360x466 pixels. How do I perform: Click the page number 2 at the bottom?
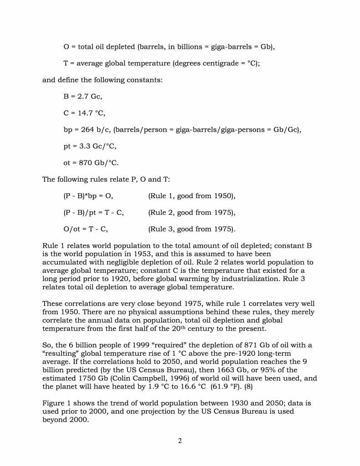(180, 440)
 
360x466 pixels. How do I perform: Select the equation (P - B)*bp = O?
(88, 196)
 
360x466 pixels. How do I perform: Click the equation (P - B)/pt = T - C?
(93, 212)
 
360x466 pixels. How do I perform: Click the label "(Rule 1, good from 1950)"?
(192, 196)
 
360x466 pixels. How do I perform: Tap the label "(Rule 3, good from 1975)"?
(192, 229)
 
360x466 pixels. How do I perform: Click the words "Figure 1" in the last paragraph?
(57, 403)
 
